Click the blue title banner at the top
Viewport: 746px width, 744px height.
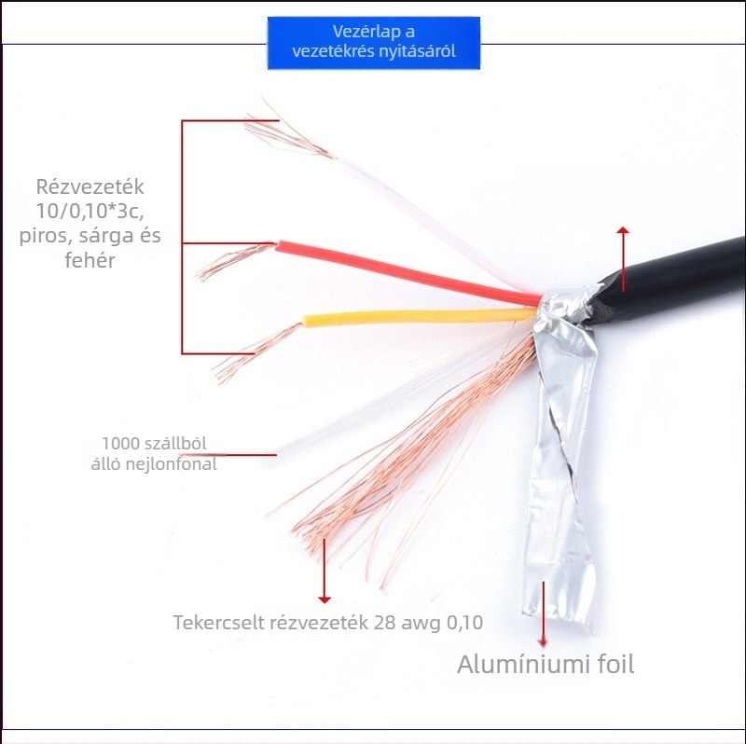tap(374, 43)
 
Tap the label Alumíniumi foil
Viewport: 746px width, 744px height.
tap(545, 665)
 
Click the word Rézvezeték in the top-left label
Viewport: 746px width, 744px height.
tap(90, 187)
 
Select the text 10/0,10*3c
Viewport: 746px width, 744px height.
tap(90, 212)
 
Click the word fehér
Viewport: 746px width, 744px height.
tap(90, 260)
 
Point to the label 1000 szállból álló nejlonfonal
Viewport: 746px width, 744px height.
tap(159, 453)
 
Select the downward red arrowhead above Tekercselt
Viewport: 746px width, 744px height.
tap(324, 597)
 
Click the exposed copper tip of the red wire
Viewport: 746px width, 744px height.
tap(228, 261)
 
